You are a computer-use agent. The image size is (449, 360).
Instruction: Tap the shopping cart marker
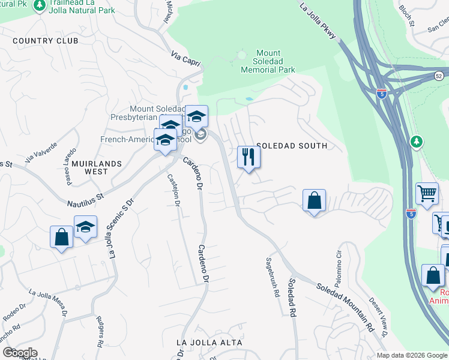tap(427, 194)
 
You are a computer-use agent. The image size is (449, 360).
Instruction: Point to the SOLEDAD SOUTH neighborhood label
tap(292, 146)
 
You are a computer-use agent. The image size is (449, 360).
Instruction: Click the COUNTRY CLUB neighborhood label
tap(45, 41)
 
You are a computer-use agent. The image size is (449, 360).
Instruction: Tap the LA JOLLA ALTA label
tap(209, 343)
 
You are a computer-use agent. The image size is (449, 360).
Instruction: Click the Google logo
tap(20, 353)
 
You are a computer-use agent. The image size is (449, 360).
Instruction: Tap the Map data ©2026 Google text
tap(411, 355)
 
